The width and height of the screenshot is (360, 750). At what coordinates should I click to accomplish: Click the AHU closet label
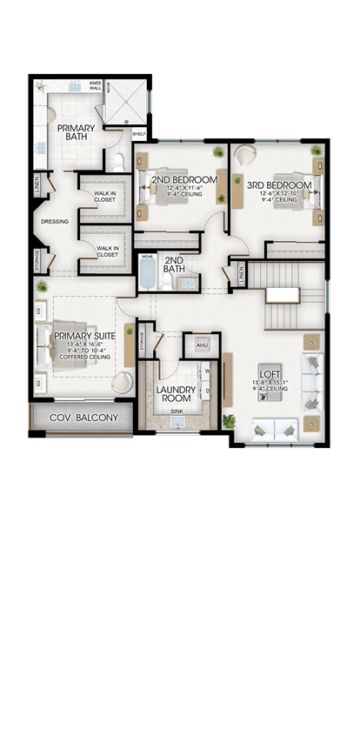coord(202,345)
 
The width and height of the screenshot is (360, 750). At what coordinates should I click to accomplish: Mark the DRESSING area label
coord(54,222)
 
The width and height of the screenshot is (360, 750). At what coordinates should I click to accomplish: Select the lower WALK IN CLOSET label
coord(107,250)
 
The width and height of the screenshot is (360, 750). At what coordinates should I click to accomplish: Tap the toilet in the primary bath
coord(121,161)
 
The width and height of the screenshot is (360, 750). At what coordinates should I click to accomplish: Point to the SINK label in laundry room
coord(177,411)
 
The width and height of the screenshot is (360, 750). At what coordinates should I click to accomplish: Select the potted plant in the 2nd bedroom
coord(217,152)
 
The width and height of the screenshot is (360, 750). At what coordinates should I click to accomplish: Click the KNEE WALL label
coord(95,86)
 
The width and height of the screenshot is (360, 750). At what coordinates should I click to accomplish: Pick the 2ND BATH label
coord(174,264)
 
